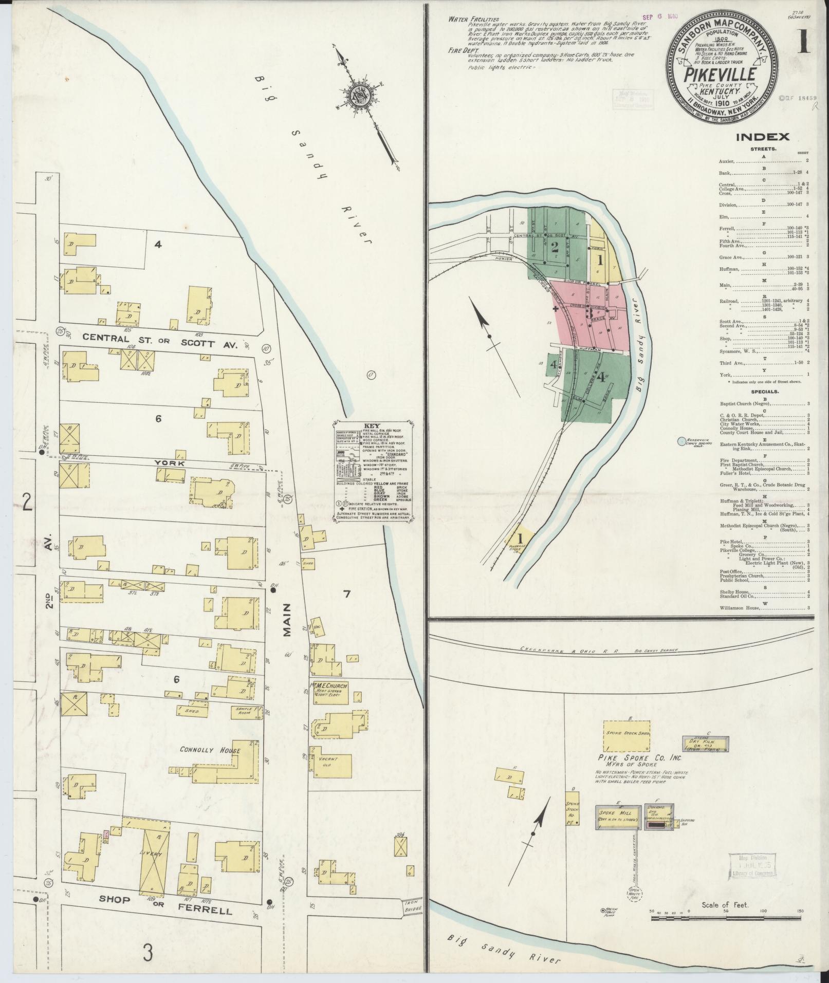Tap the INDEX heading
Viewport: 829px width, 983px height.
(x=762, y=137)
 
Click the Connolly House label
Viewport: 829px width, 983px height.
(x=210, y=750)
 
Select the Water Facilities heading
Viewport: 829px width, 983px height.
(x=466, y=18)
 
